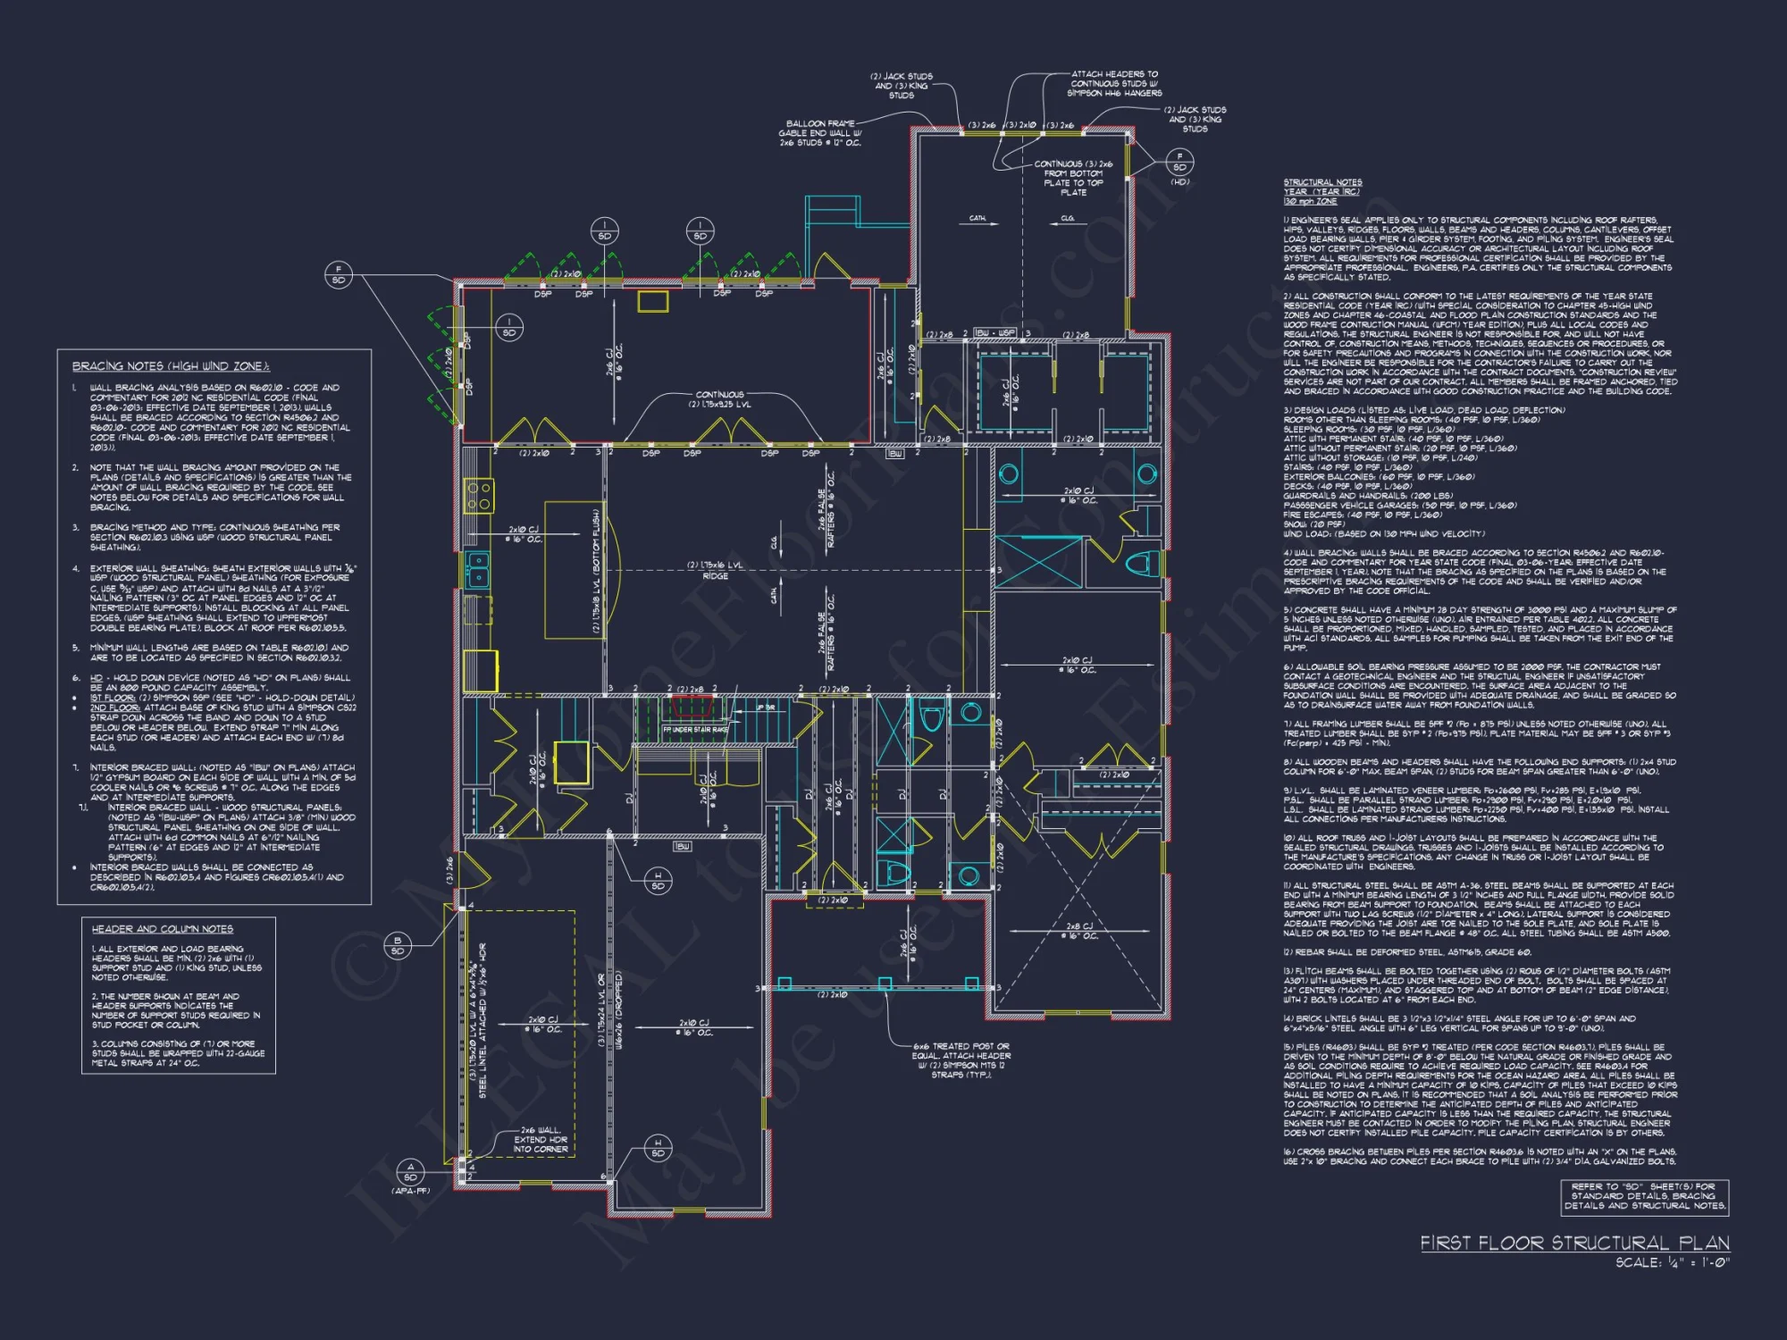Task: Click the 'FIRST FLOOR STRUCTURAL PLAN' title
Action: point(1574,1243)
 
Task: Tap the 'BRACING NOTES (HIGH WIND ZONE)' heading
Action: point(171,366)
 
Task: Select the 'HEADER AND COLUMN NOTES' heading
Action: point(162,929)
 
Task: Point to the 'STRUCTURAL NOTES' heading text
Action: point(1322,182)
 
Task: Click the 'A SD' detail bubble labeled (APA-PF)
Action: point(410,1172)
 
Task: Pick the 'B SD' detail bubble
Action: point(398,945)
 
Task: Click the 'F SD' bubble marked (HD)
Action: point(1179,162)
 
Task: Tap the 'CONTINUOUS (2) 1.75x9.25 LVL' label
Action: point(719,399)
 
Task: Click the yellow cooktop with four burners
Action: point(479,496)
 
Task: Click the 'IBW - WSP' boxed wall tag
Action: point(994,333)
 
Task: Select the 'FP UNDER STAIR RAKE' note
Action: point(695,730)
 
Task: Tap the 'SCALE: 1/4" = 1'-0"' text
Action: point(1672,1263)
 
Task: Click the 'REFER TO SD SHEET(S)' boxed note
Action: point(1645,1196)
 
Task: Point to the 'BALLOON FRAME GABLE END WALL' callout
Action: point(820,133)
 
